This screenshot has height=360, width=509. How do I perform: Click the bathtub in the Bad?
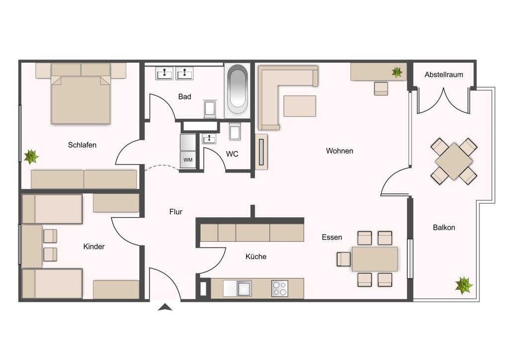tap(237, 90)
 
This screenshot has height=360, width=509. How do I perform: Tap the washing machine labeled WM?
tap(188, 160)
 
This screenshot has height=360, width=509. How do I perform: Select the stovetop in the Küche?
tap(279, 288)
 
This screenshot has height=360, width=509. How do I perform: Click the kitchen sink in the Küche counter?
tap(244, 288)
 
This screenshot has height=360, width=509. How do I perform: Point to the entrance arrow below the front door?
tap(165, 307)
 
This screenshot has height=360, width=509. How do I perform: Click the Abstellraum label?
tap(443, 75)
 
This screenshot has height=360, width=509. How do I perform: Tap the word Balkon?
tap(444, 228)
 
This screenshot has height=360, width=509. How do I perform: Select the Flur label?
tap(175, 212)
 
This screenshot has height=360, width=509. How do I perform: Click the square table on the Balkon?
tap(453, 161)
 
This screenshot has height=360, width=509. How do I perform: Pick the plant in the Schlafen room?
tap(31, 157)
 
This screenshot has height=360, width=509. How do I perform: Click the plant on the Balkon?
tap(464, 285)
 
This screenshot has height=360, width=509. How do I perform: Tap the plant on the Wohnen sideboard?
tap(397, 72)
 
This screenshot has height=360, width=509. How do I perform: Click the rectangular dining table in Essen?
tap(375, 259)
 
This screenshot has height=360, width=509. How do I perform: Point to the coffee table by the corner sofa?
tap(300, 106)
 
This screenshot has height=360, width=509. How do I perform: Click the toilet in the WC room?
tap(235, 131)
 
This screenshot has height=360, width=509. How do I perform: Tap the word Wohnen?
tap(339, 151)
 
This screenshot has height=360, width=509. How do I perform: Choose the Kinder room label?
tap(94, 247)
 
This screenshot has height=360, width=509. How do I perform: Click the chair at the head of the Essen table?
tap(344, 259)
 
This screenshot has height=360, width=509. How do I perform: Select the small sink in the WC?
tap(209, 139)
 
